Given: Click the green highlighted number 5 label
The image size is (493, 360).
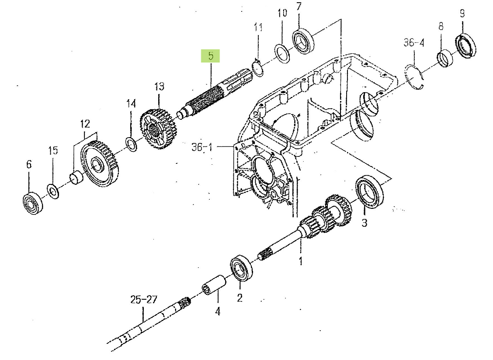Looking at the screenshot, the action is [210, 56].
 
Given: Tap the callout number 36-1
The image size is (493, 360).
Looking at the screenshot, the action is [202, 147].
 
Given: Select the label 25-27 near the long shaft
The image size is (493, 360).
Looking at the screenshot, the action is [144, 299].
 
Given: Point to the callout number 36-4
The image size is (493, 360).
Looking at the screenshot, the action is [414, 42].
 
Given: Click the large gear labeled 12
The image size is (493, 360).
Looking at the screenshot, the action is [100, 163].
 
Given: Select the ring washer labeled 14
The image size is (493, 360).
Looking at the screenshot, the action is [132, 144].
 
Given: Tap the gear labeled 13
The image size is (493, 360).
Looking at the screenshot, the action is [158, 128].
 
